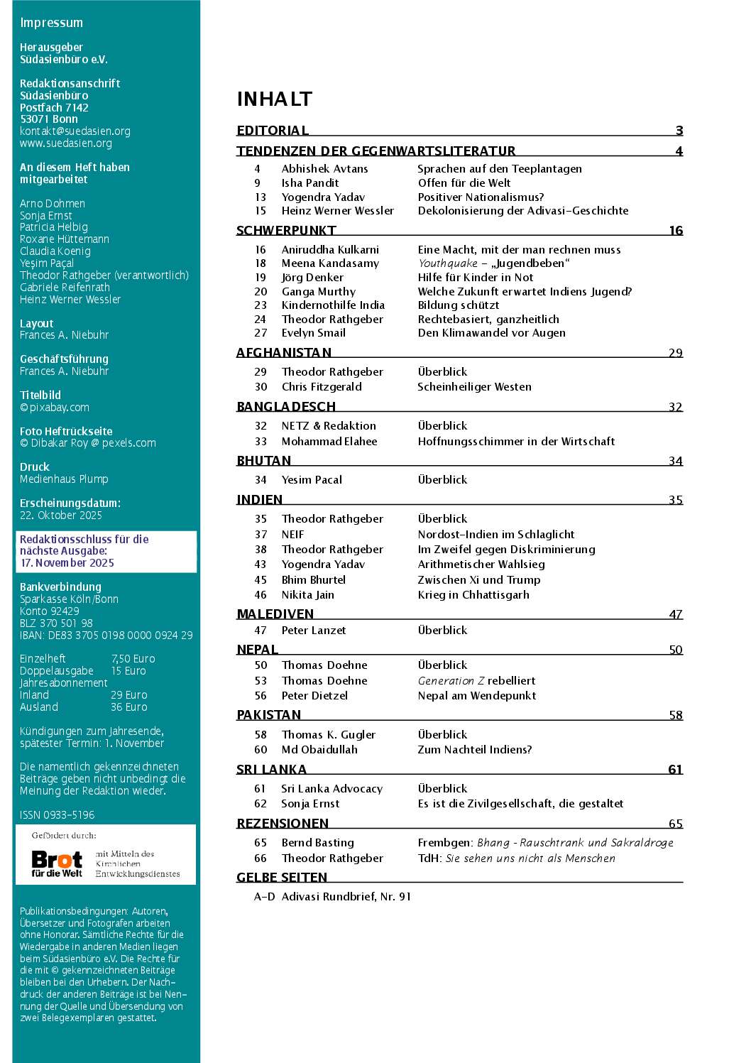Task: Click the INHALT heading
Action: click(x=274, y=99)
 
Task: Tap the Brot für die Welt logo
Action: click(x=57, y=863)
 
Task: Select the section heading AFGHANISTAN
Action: click(x=284, y=353)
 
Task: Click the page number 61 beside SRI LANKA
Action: click(x=675, y=770)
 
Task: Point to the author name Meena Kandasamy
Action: click(x=330, y=263)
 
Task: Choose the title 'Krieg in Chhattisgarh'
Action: click(x=473, y=595)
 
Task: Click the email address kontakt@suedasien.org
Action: click(x=75, y=131)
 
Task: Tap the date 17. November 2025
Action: click(x=67, y=563)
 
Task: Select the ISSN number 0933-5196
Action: click(x=57, y=815)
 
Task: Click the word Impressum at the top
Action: click(x=51, y=23)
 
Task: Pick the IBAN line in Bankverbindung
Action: click(x=106, y=636)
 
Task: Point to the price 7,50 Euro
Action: click(x=133, y=659)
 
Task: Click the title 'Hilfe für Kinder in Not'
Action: click(x=475, y=278)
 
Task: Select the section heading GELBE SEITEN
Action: click(x=282, y=878)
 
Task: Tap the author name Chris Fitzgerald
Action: click(x=322, y=387)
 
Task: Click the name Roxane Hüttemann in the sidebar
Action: click(x=65, y=239)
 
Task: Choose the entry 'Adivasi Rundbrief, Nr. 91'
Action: click(x=346, y=897)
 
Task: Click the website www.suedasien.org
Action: click(x=66, y=143)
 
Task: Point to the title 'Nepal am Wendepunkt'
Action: click(x=476, y=696)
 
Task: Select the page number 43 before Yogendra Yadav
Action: click(x=261, y=565)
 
